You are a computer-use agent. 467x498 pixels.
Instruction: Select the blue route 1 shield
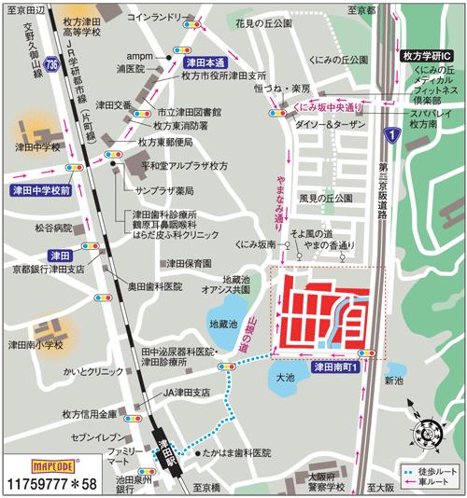395,137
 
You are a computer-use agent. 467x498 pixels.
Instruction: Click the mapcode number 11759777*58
50,483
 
